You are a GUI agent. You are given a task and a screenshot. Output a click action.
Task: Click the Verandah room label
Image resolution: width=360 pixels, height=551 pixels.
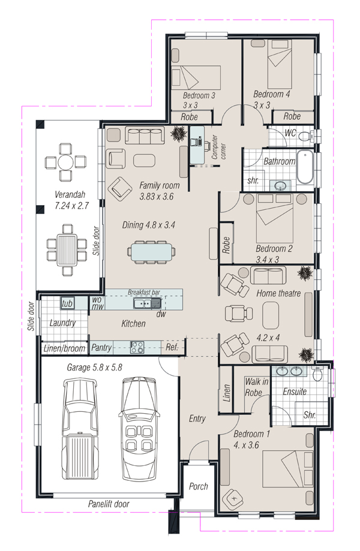(70, 194)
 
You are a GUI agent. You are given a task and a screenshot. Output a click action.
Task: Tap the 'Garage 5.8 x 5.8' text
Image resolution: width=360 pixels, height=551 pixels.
(95, 368)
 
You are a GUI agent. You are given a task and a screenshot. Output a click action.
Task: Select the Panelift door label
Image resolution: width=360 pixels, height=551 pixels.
(109, 504)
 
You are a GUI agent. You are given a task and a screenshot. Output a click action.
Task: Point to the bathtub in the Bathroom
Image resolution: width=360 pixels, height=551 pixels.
(305, 167)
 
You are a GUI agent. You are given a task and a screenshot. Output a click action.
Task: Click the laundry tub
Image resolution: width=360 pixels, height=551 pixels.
(67, 303)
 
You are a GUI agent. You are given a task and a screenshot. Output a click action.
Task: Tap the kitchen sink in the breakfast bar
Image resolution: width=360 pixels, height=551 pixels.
(147, 303)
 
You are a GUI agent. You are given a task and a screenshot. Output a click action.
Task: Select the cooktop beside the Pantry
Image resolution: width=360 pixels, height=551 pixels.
(137, 348)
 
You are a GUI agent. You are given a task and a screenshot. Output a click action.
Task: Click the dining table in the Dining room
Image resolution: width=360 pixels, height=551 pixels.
(151, 252)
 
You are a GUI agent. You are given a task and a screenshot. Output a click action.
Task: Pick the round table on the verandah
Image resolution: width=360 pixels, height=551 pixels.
(66, 162)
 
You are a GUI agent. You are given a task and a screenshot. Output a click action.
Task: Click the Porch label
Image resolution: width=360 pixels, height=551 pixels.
(198, 486)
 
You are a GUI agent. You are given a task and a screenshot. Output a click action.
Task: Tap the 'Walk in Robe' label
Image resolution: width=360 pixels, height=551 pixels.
(256, 387)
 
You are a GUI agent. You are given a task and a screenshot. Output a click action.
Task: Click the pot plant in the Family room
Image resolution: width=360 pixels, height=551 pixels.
(178, 134)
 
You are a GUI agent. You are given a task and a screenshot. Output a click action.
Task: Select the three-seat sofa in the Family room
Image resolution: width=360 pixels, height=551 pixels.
(145, 136)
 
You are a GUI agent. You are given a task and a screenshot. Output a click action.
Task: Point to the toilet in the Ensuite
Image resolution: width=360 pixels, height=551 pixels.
(317, 374)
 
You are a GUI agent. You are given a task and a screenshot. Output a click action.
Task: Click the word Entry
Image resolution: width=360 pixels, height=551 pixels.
(197, 418)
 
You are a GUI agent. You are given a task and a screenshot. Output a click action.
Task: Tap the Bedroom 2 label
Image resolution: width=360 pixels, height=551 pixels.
(274, 249)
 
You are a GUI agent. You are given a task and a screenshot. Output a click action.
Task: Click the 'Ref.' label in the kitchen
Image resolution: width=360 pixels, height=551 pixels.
(172, 348)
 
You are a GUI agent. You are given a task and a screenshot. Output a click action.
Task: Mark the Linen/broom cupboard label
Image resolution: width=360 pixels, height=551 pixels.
(64, 348)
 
